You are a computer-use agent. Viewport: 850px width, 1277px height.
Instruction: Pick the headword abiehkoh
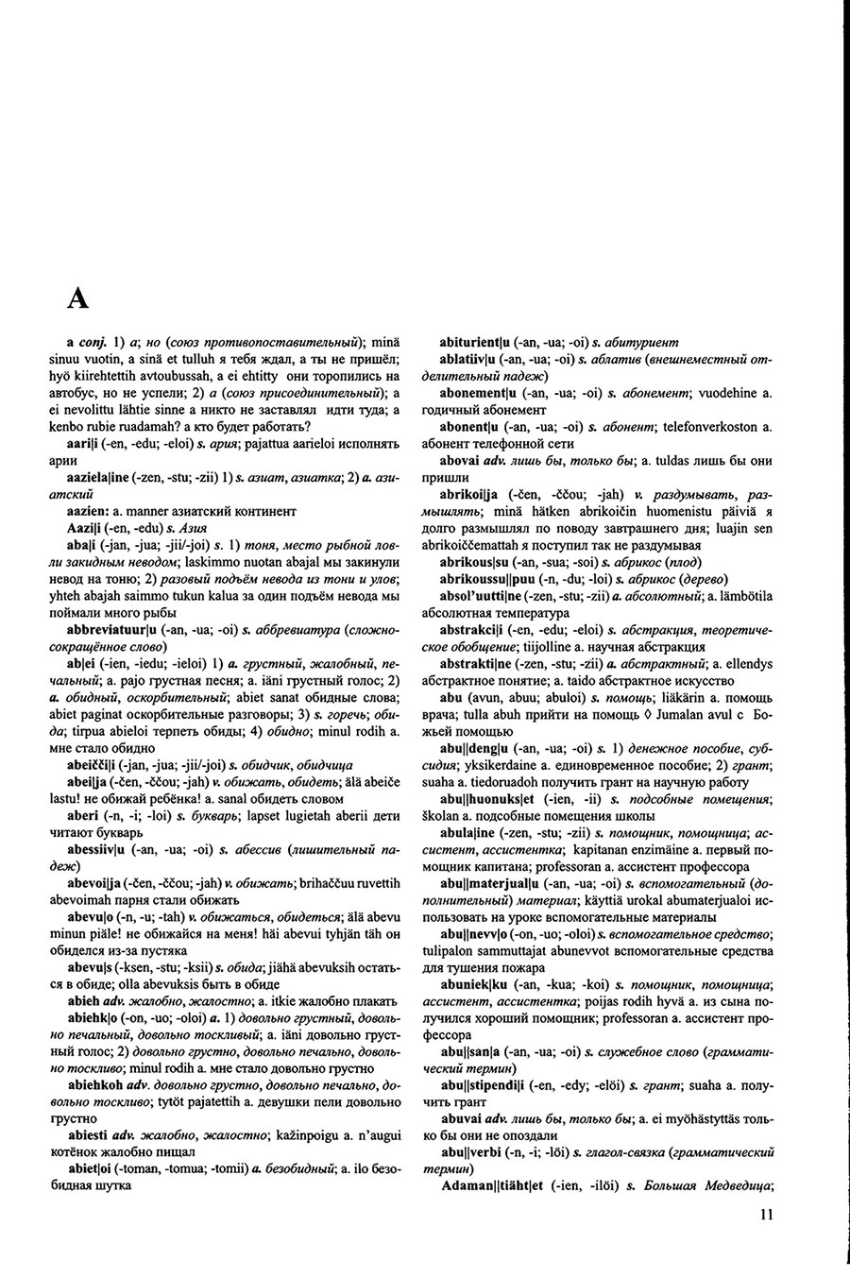tap(96, 1084)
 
